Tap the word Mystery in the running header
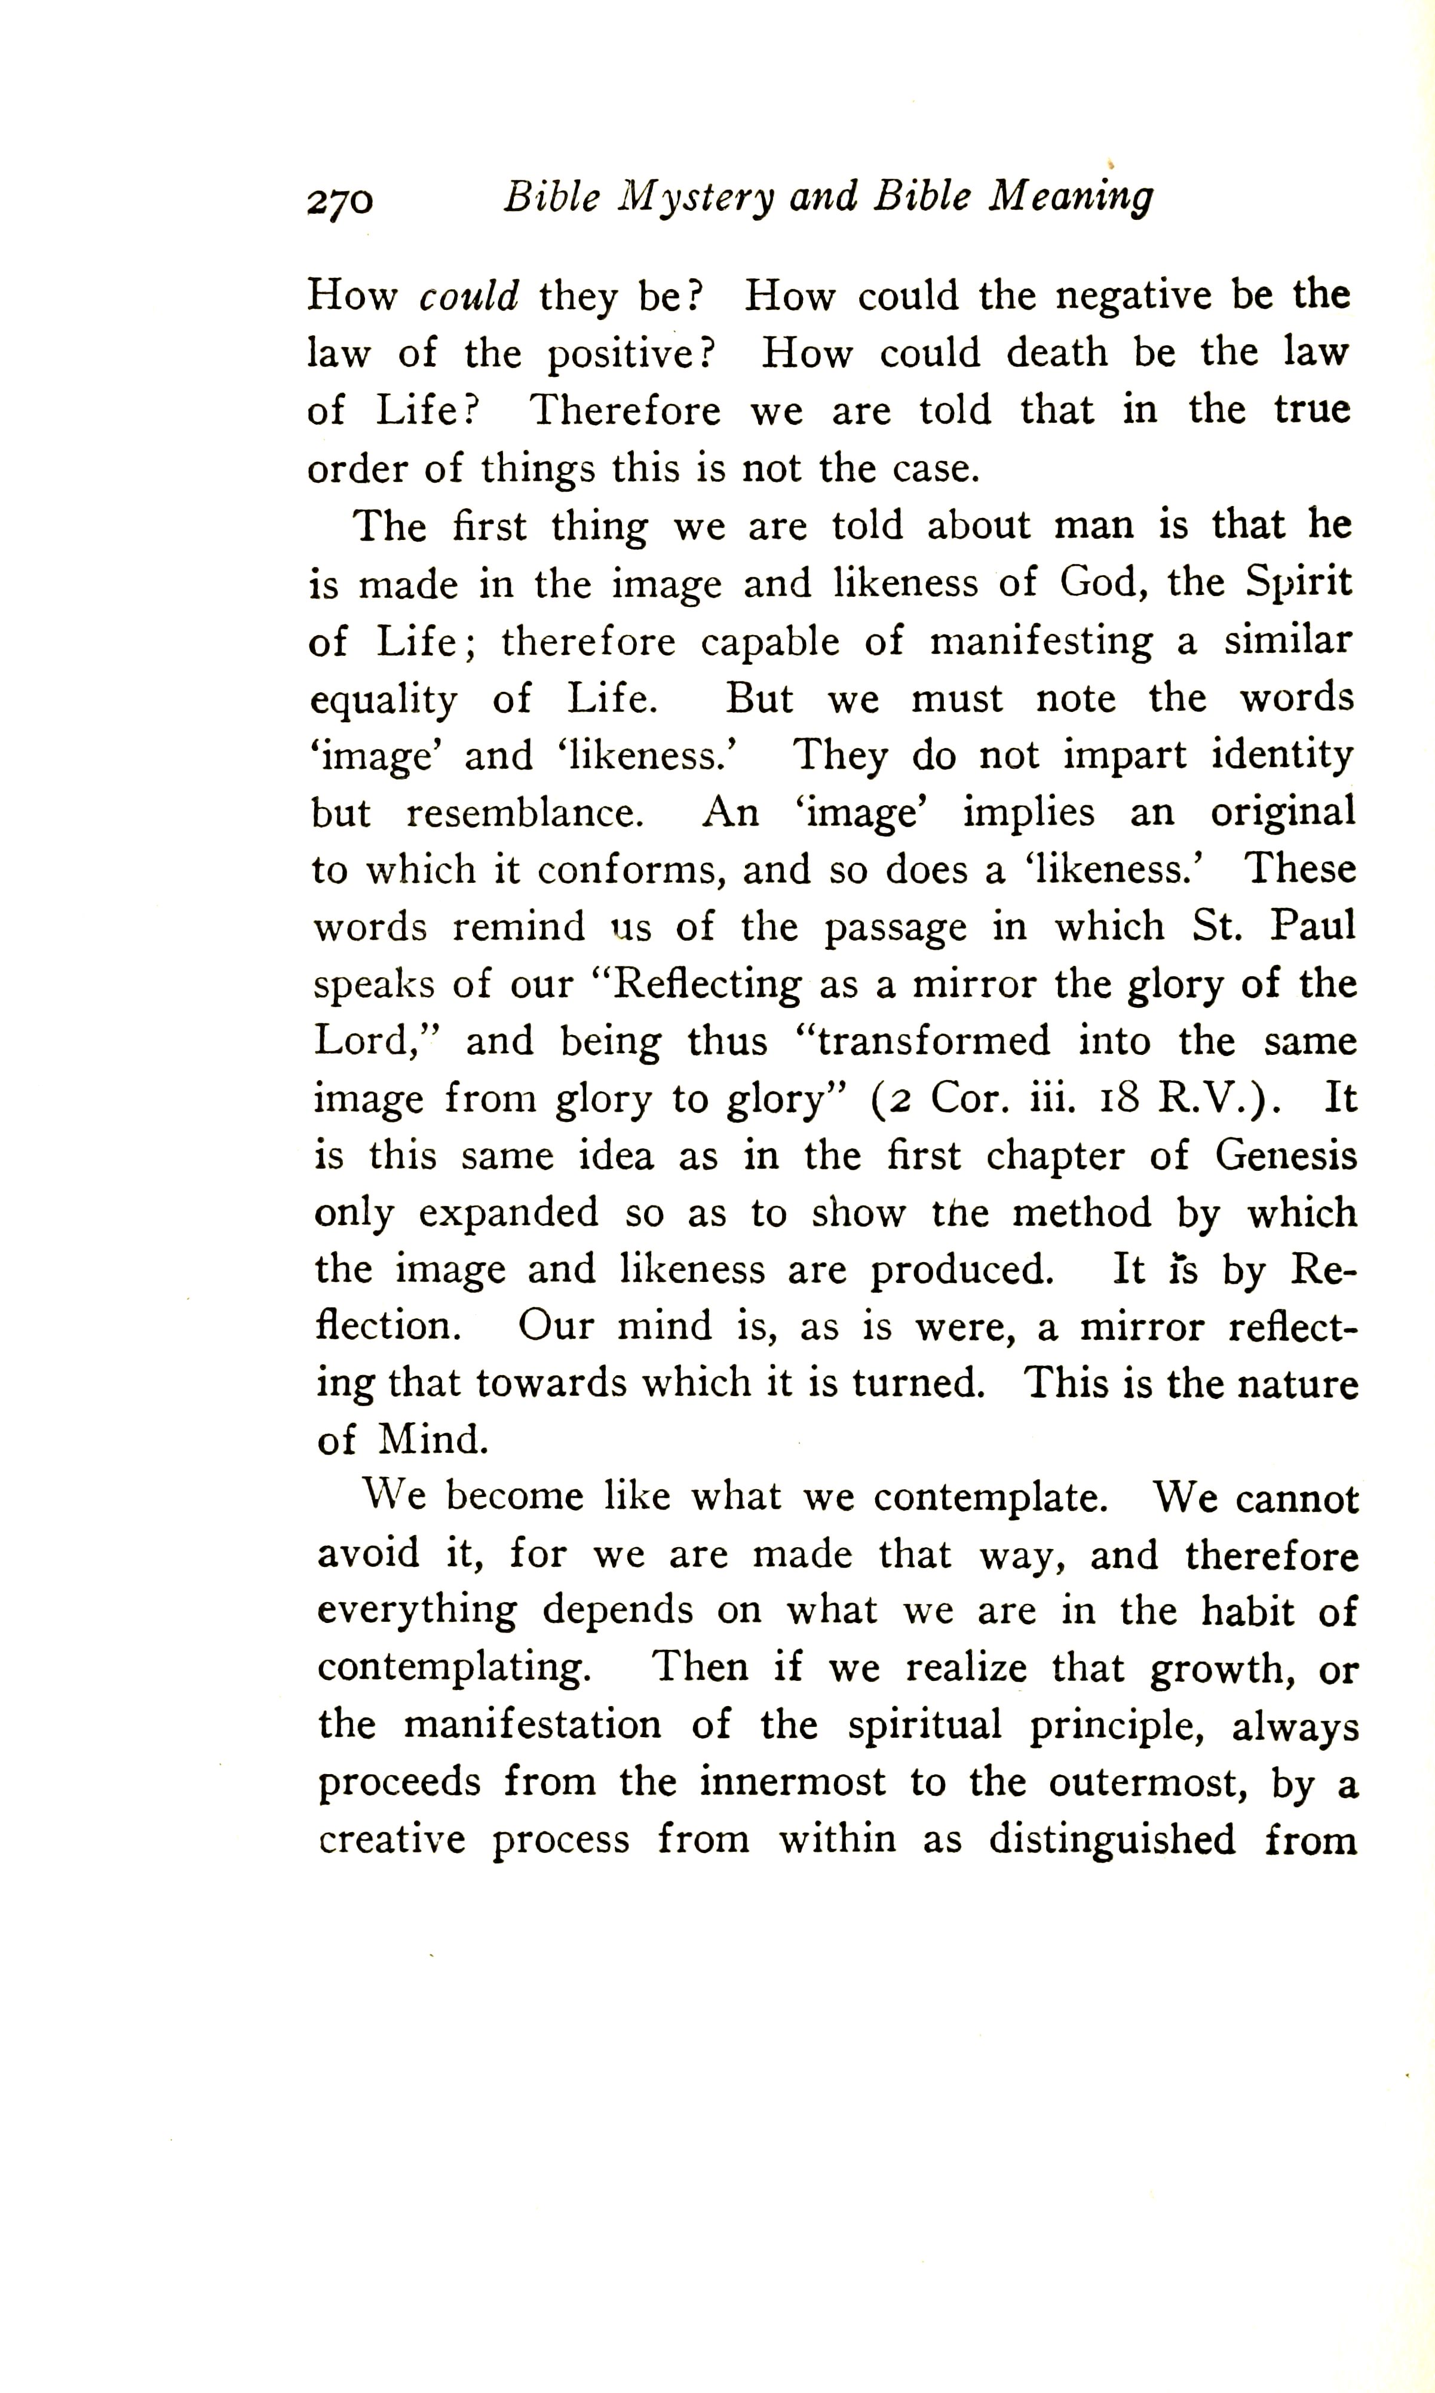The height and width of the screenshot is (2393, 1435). tap(696, 198)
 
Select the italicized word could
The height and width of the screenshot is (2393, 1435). tap(469, 296)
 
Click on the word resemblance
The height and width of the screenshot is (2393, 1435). tap(524, 813)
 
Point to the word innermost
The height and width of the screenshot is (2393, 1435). tap(792, 1782)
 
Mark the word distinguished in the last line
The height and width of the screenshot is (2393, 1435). tap(1112, 1840)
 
